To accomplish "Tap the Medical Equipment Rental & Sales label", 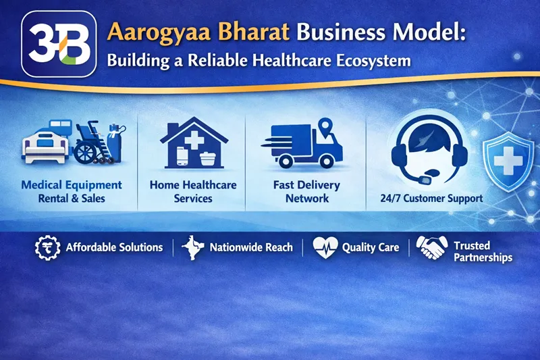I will pyautogui.click(x=72, y=191).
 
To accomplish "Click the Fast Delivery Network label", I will pyautogui.click(x=306, y=191).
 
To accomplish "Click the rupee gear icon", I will pyautogui.click(x=45, y=247).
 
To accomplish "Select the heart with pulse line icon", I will pyautogui.click(x=325, y=247).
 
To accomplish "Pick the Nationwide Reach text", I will pyautogui.click(x=251, y=247).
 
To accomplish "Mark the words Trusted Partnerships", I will pyautogui.click(x=482, y=251).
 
